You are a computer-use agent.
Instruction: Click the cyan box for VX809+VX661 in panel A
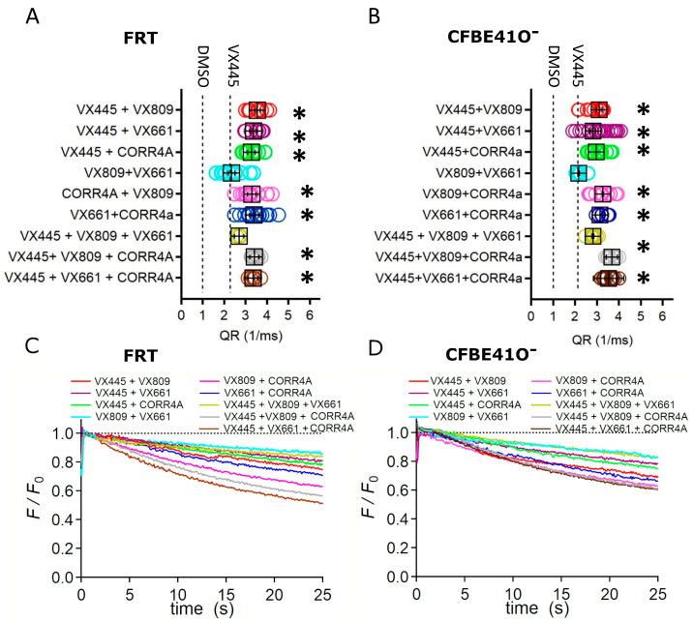pos(230,172)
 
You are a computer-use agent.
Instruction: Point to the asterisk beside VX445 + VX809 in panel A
pos(300,111)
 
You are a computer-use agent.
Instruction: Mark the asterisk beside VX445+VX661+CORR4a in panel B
pos(643,281)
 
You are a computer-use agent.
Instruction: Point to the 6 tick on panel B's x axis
pos(662,316)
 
